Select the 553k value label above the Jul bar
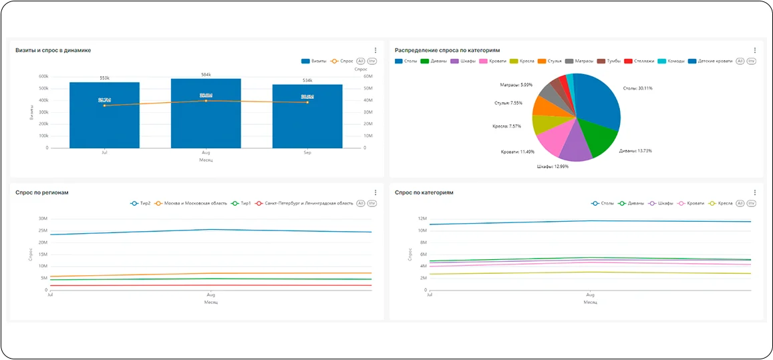(x=104, y=78)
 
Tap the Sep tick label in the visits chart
(x=307, y=153)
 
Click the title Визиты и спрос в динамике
(x=53, y=50)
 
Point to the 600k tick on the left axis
(x=43, y=76)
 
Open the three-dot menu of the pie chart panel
(x=755, y=50)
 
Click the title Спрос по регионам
(x=42, y=192)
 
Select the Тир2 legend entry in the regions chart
(x=142, y=203)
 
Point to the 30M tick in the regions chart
(x=42, y=218)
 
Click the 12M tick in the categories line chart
(x=422, y=218)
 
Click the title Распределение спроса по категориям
(x=447, y=50)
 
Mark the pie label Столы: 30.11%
(x=637, y=88)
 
